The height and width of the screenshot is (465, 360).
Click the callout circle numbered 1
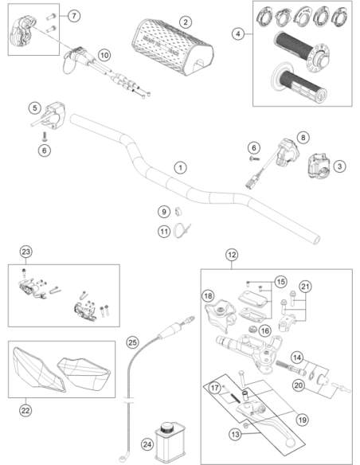tap(180, 168)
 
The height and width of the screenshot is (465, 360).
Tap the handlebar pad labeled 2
tap(173, 48)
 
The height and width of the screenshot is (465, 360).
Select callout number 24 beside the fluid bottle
tap(147, 444)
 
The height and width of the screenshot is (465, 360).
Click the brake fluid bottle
tap(170, 443)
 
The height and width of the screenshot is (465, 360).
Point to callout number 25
tap(132, 342)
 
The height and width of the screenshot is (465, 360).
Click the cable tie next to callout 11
tap(181, 231)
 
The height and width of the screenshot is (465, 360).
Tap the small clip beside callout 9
tap(178, 211)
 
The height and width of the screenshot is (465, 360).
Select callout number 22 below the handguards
tap(25, 411)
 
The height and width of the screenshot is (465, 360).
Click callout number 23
tap(25, 252)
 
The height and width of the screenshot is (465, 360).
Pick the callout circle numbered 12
tap(232, 255)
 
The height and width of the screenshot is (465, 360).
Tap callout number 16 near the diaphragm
tap(264, 330)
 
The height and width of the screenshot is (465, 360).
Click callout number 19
tap(302, 420)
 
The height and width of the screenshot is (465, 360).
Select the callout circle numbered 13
tap(235, 435)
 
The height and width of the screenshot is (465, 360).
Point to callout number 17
tap(215, 388)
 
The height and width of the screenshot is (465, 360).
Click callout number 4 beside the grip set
tap(238, 33)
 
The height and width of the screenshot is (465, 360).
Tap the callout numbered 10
tap(104, 55)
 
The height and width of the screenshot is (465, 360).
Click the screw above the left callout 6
tap(45, 137)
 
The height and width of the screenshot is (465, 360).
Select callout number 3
tap(340, 166)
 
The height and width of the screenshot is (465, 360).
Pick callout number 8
tap(303, 138)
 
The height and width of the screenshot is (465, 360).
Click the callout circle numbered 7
tap(74, 15)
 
